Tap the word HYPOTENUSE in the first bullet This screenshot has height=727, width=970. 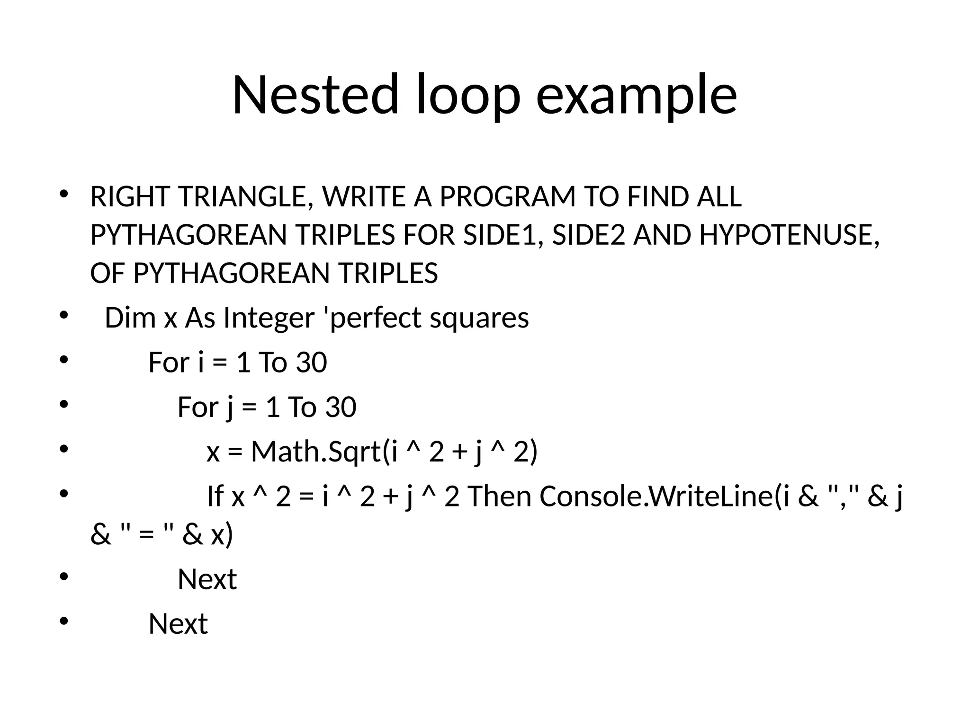click(789, 235)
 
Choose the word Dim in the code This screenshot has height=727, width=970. click(130, 318)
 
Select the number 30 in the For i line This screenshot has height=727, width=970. click(311, 363)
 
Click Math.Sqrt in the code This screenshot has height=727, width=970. click(316, 452)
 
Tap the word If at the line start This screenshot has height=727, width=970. click(215, 496)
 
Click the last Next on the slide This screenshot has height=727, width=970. click(178, 624)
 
